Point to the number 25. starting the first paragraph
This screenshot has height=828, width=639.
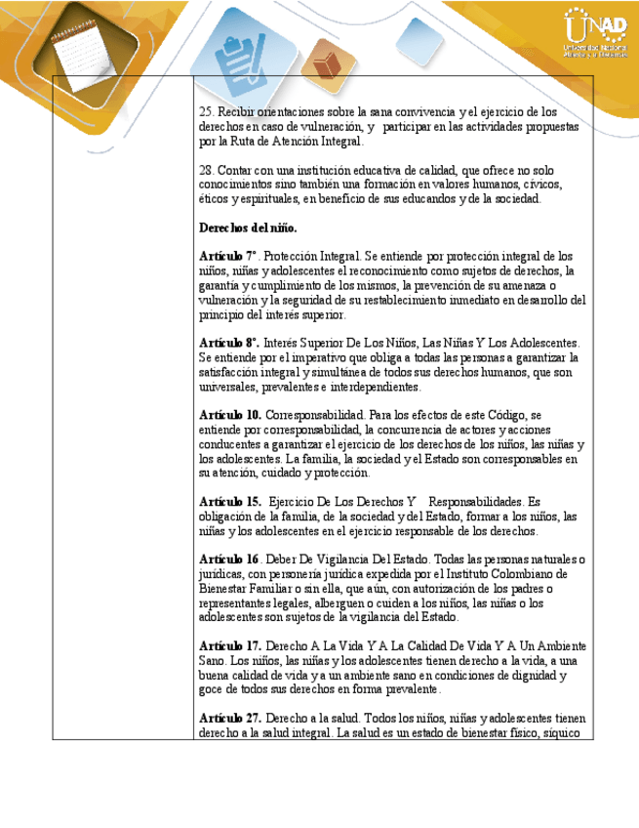coord(206,112)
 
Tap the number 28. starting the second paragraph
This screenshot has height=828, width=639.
coord(206,170)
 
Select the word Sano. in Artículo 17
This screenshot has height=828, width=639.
coord(215,661)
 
